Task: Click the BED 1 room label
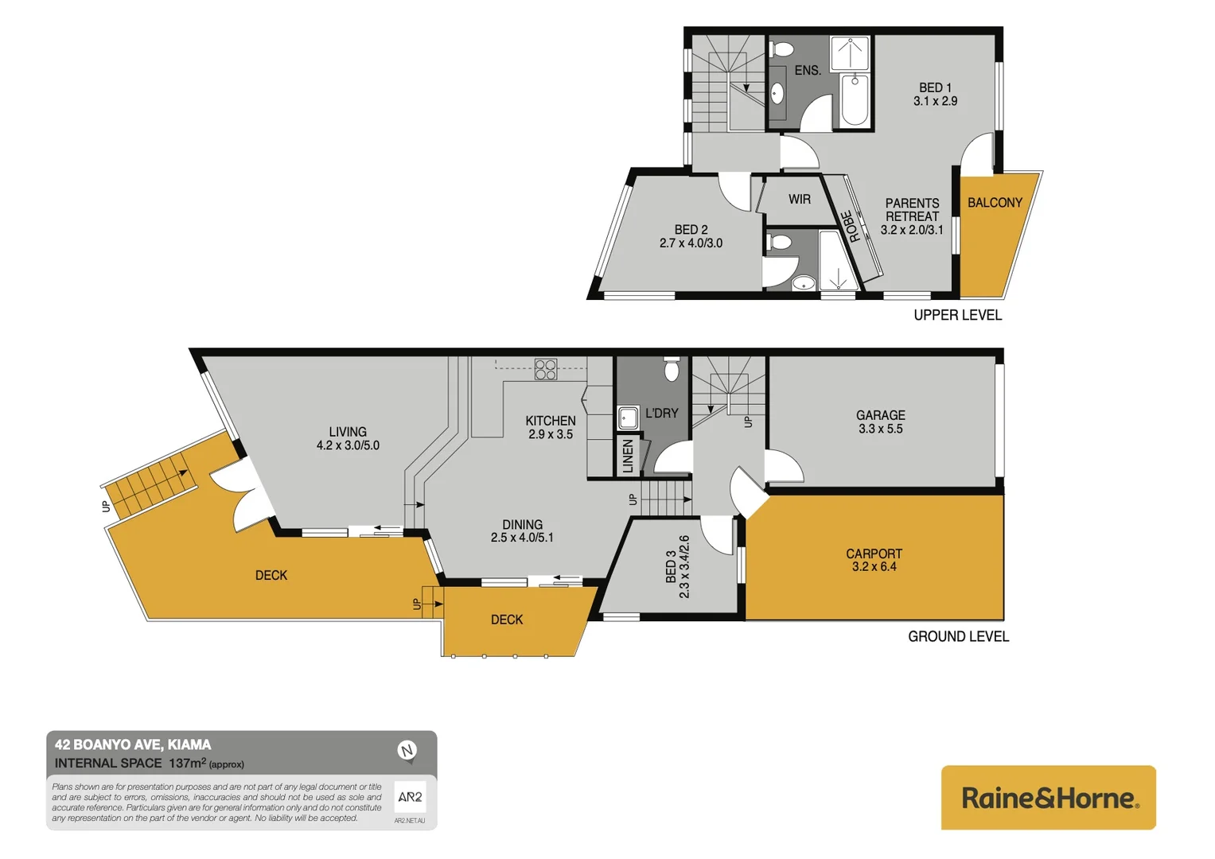[935, 87]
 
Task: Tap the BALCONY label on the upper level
[995, 203]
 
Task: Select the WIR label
[800, 200]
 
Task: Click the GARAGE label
[880, 415]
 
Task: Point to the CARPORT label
[874, 554]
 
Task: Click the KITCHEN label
[550, 421]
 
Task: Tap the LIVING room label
[348, 432]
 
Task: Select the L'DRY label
[661, 414]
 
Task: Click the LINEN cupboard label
[628, 457]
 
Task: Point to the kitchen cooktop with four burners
[546, 369]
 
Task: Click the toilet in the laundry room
[672, 370]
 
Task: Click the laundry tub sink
[629, 418]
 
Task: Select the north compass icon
[407, 750]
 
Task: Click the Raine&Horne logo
[1048, 798]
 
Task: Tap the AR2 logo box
[410, 797]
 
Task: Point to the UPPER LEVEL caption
[957, 315]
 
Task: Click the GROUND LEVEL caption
[958, 636]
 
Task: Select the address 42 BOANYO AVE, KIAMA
[133, 745]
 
